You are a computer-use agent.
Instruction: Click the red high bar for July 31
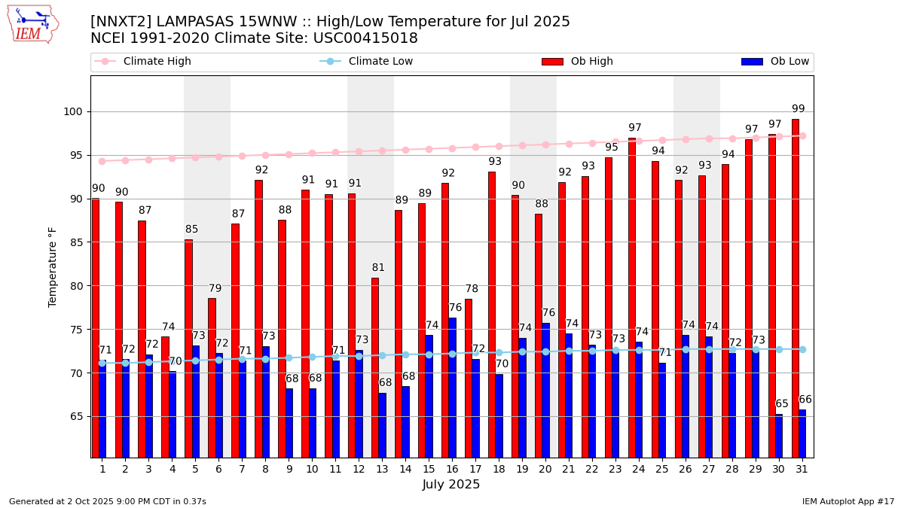coord(795,286)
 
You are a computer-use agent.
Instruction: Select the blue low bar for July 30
coord(779,436)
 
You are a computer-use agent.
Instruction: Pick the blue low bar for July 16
coord(453,388)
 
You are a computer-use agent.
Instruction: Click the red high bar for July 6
coord(212,377)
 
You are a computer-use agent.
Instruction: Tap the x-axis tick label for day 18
coord(499,469)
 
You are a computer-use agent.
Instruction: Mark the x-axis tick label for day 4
coord(173,469)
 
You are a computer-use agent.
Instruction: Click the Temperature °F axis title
coord(53,267)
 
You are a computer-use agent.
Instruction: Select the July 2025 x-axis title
coord(451,485)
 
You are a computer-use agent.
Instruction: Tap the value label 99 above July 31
coord(799,109)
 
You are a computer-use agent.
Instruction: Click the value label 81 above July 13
coord(378,268)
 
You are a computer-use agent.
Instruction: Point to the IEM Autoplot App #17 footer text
coord(847,501)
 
